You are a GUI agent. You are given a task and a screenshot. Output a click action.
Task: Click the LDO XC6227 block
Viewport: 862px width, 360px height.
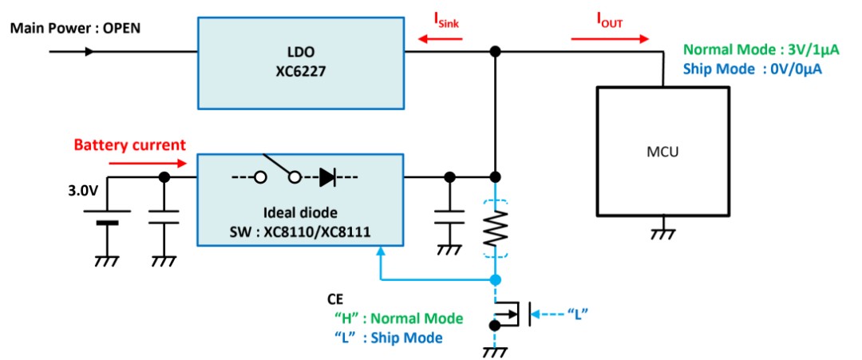(x=301, y=62)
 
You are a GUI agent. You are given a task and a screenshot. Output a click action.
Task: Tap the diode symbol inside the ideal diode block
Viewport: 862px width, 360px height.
(x=328, y=177)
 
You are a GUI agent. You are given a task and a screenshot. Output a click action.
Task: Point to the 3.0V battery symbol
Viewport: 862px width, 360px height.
(x=107, y=217)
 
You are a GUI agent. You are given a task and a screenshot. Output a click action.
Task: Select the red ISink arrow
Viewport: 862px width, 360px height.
(x=439, y=39)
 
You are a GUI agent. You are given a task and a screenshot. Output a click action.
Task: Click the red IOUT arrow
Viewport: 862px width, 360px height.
(x=610, y=39)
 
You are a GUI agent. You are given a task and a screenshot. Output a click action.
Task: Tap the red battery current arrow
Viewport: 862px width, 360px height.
(x=148, y=163)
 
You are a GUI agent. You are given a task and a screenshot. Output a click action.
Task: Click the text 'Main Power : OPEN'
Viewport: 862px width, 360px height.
(x=75, y=27)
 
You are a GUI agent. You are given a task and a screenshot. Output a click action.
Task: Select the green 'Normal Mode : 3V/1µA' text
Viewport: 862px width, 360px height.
(x=761, y=50)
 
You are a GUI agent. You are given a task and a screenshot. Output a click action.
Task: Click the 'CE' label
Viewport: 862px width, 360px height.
(x=334, y=299)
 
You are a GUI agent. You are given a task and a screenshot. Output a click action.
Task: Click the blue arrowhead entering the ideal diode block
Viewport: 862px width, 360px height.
(x=381, y=251)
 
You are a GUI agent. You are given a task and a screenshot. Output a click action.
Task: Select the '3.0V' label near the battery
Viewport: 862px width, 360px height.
(x=82, y=193)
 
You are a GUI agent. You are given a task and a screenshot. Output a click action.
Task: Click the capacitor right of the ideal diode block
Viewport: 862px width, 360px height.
(x=449, y=216)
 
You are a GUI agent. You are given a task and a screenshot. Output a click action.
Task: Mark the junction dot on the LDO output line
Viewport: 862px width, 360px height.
(x=495, y=52)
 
